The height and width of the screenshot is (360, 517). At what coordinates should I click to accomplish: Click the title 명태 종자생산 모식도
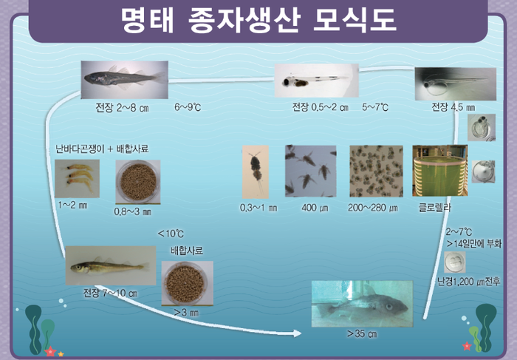tap(258, 20)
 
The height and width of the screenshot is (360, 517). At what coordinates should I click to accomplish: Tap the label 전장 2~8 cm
tap(123, 108)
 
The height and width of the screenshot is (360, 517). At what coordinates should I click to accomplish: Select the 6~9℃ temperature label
tap(188, 107)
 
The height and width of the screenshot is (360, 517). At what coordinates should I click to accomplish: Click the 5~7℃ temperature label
tap(375, 107)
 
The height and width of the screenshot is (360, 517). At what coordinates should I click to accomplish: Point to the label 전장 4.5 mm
tap(453, 107)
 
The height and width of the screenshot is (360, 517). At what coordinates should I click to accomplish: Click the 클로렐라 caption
tap(434, 208)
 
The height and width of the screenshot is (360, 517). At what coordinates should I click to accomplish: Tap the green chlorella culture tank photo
tap(440, 171)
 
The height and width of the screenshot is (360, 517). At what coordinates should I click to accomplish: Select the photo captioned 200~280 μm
tap(376, 171)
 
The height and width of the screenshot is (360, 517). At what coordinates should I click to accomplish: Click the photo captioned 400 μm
tap(311, 171)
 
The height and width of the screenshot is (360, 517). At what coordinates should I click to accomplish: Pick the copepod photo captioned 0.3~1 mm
tap(256, 172)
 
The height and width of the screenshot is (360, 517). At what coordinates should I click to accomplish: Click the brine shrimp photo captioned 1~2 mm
tap(77, 178)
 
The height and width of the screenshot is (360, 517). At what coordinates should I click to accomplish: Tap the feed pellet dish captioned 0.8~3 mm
tap(138, 182)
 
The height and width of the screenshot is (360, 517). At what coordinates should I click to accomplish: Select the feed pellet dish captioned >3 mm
tap(188, 283)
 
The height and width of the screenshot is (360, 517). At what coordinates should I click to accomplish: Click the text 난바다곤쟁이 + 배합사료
tap(102, 149)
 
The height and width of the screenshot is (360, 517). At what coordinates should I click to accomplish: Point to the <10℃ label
tap(171, 234)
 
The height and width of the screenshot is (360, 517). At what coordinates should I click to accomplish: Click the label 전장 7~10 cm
tap(110, 293)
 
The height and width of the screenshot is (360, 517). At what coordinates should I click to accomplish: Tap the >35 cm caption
tap(362, 334)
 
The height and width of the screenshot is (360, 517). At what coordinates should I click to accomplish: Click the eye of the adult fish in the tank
tap(390, 307)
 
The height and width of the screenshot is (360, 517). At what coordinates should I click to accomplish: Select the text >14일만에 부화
tap(474, 244)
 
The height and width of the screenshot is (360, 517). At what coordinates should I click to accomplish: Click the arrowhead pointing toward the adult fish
tap(298, 333)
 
